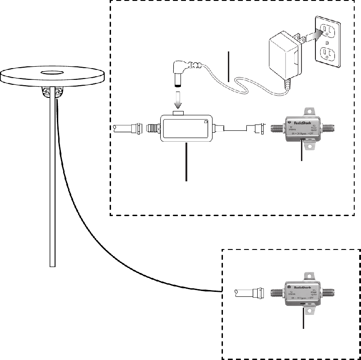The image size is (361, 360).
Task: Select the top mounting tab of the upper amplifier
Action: point(310,111)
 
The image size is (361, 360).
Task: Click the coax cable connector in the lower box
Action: point(256,292)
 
